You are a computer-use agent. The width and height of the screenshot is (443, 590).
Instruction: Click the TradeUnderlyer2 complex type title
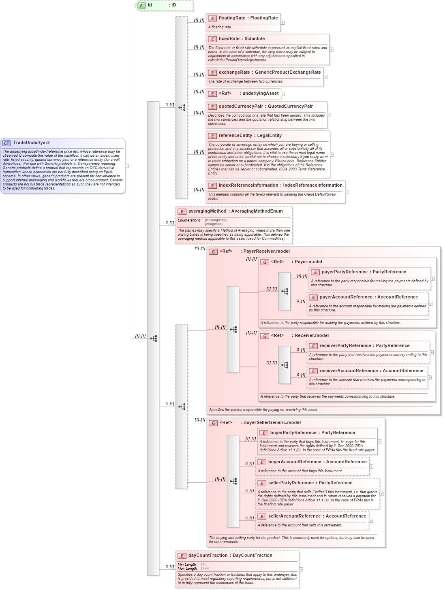click(31, 143)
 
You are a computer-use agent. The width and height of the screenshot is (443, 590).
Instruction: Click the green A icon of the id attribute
click(141, 5)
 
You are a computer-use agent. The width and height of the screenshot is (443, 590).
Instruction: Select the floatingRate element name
click(232, 18)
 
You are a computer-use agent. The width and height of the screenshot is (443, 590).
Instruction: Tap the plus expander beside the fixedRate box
click(331, 49)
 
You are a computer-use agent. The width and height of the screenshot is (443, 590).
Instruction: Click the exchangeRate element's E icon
click(212, 73)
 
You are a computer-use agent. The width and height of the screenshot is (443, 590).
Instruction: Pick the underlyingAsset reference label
click(260, 93)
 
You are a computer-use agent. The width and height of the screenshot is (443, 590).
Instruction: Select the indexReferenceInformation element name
click(248, 185)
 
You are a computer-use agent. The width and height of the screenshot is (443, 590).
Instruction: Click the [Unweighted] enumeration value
click(216, 220)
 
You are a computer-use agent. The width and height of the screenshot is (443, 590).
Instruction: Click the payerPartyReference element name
click(345, 272)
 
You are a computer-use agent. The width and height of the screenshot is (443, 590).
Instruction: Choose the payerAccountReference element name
click(345, 297)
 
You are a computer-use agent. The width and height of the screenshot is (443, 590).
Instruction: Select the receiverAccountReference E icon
click(313, 371)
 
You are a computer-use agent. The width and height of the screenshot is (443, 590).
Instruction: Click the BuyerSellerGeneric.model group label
click(272, 422)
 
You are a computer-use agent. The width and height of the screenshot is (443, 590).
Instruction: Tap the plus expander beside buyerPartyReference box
click(379, 441)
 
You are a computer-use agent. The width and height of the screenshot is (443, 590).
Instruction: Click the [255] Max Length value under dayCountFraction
click(205, 568)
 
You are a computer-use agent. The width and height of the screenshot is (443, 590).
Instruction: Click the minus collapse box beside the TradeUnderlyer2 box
click(127, 166)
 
